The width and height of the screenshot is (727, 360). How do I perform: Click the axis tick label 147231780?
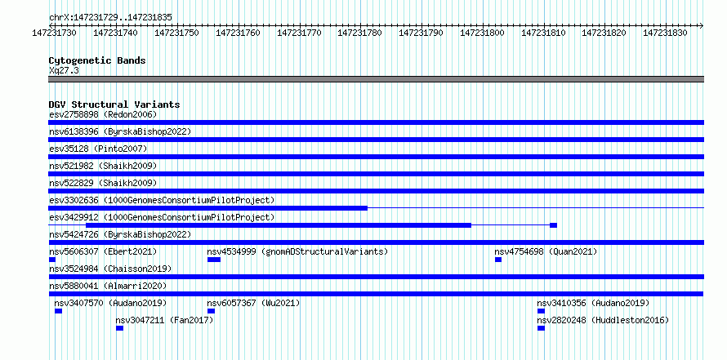pos(359,33)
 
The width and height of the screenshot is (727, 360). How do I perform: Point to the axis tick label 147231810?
pos(543,33)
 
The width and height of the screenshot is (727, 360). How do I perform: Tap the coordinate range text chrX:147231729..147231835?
pos(110,18)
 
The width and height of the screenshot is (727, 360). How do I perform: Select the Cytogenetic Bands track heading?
pos(97,60)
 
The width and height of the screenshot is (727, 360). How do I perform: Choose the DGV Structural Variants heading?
pos(114,104)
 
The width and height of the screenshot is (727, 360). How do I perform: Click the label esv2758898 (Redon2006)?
pos(103,114)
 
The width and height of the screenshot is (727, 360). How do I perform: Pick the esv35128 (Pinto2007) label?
pos(98,149)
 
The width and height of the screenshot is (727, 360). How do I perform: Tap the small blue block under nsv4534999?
pos(214,260)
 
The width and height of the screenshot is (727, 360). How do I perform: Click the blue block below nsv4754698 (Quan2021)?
pos(498,260)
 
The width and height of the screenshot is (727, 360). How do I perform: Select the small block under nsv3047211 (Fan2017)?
pos(119,328)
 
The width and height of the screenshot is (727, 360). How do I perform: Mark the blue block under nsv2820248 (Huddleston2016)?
pos(541,328)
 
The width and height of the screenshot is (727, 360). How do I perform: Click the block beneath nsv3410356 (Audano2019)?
pos(541,311)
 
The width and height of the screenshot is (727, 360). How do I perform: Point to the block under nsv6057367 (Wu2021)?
pos(211,311)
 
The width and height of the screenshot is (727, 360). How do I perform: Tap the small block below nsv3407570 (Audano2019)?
pos(59,311)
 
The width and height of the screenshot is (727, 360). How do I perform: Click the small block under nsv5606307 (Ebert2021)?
pos(52,260)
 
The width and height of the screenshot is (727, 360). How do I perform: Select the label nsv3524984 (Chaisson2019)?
pos(110,269)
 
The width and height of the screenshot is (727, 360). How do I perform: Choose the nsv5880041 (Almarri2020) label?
pos(108,286)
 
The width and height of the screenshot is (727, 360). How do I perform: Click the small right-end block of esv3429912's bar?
pos(554,225)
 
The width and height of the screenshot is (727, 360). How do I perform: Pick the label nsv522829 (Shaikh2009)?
pos(103,183)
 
